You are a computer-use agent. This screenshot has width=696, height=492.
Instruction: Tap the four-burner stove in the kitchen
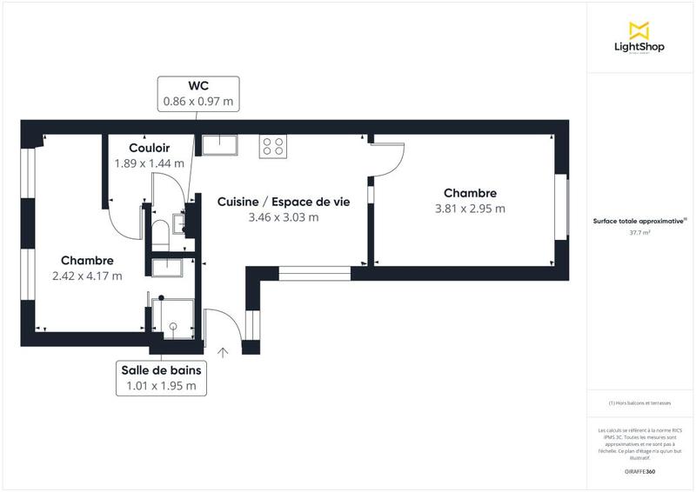tap(272, 146)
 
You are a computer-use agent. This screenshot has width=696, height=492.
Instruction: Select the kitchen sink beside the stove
tap(220, 144)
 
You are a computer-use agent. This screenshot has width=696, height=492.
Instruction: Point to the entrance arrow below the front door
tap(223, 352)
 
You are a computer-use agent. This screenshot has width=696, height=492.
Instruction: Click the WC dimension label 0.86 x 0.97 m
tap(198, 101)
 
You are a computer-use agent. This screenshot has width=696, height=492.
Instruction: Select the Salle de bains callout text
tap(161, 369)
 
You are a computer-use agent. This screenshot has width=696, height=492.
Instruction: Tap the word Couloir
tap(149, 148)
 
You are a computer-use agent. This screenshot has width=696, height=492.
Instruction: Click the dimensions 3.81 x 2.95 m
tap(470, 209)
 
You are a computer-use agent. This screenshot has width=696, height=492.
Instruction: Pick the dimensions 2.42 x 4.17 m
tap(87, 276)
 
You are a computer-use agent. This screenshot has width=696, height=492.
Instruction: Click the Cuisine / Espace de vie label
tap(283, 201)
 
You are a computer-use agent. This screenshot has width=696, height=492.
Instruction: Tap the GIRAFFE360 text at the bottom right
tap(639, 471)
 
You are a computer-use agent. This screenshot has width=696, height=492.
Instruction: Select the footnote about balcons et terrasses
tap(639, 403)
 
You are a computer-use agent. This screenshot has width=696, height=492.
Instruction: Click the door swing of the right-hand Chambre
tap(389, 159)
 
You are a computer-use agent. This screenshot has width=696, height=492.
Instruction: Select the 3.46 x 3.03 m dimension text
tap(283, 217)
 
